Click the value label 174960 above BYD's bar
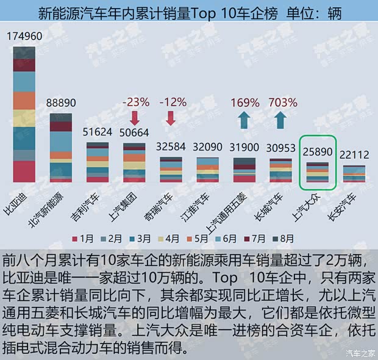pyautogui.click(x=24, y=37)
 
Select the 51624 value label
pyautogui.click(x=98, y=132)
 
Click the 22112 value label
pyautogui.click(x=354, y=155)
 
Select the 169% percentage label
pyautogui.click(x=244, y=102)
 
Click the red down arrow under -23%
pyautogui.click(x=135, y=118)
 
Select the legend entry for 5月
pyautogui.click(x=205, y=239)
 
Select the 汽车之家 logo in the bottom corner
pyautogui.click(x=359, y=351)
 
